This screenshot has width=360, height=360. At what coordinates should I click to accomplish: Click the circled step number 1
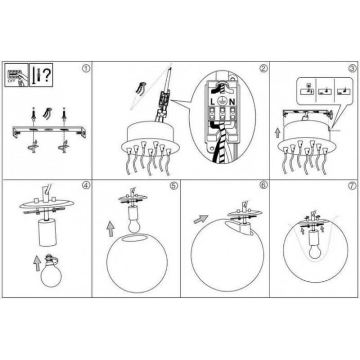pyautogui.click(x=86, y=68)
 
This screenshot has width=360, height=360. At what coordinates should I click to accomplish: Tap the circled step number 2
pyautogui.click(x=263, y=68)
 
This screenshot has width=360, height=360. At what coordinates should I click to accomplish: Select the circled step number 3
pyautogui.click(x=352, y=68)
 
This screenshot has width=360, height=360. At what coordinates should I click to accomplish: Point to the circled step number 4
pyautogui.click(x=86, y=186)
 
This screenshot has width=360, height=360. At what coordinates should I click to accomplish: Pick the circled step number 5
pyautogui.click(x=174, y=186)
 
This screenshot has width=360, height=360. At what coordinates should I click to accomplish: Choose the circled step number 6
pyautogui.click(x=263, y=185)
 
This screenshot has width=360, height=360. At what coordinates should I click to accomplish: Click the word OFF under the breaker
pyautogui.click(x=12, y=81)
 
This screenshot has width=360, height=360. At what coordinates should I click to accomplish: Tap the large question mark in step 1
pyautogui.click(x=47, y=75)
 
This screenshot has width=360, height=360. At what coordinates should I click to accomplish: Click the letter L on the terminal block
pyautogui.click(x=212, y=102)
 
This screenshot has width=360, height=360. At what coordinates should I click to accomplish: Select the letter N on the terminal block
pyautogui.click(x=232, y=102)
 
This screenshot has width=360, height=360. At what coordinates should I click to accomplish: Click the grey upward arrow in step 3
pyautogui.click(x=278, y=133)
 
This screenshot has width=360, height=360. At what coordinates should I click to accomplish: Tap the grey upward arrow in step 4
pyautogui.click(x=37, y=263)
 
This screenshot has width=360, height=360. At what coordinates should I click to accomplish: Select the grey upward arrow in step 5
pyautogui.click(x=111, y=229)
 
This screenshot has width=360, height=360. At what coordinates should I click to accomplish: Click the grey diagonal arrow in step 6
pyautogui.click(x=201, y=219)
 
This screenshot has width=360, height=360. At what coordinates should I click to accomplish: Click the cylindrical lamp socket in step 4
pyautogui.click(x=47, y=232)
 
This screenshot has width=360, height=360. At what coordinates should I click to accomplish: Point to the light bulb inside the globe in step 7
pyautogui.click(x=315, y=252)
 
